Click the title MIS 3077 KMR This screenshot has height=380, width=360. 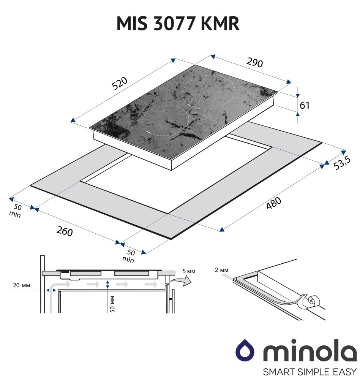(x=178, y=24)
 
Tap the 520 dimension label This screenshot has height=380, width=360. (x=120, y=83)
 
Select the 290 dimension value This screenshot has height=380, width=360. (x=254, y=62)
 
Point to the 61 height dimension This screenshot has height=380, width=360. (x=305, y=105)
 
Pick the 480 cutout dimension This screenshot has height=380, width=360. (x=274, y=203)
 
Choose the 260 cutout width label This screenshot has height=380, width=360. (x=65, y=231)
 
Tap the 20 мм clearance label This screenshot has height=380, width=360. (x=22, y=285)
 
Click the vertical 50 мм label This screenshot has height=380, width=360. (x=112, y=304)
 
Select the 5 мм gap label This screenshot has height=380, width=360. (x=189, y=271)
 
